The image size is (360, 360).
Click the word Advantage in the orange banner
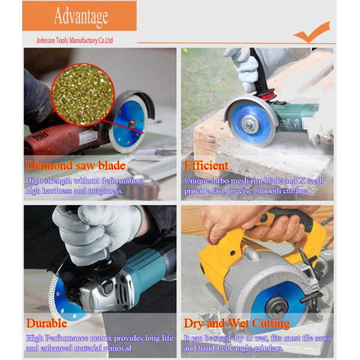pyautogui.click(x=81, y=16)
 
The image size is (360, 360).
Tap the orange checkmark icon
pyautogui.click(x=312, y=32)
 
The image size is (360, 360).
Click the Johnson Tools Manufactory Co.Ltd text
pyautogui.click(x=74, y=41)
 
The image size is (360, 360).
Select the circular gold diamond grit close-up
pyautogui.click(x=83, y=95)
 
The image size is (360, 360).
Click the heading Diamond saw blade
pyautogui.click(x=76, y=166)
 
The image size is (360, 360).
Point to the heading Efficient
pyautogui.click(x=206, y=166)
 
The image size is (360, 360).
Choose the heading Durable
pyautogui.click(x=46, y=323)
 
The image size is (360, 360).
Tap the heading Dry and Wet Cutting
pyautogui.click(x=237, y=323)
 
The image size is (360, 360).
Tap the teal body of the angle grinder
pyautogui.click(x=147, y=266)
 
